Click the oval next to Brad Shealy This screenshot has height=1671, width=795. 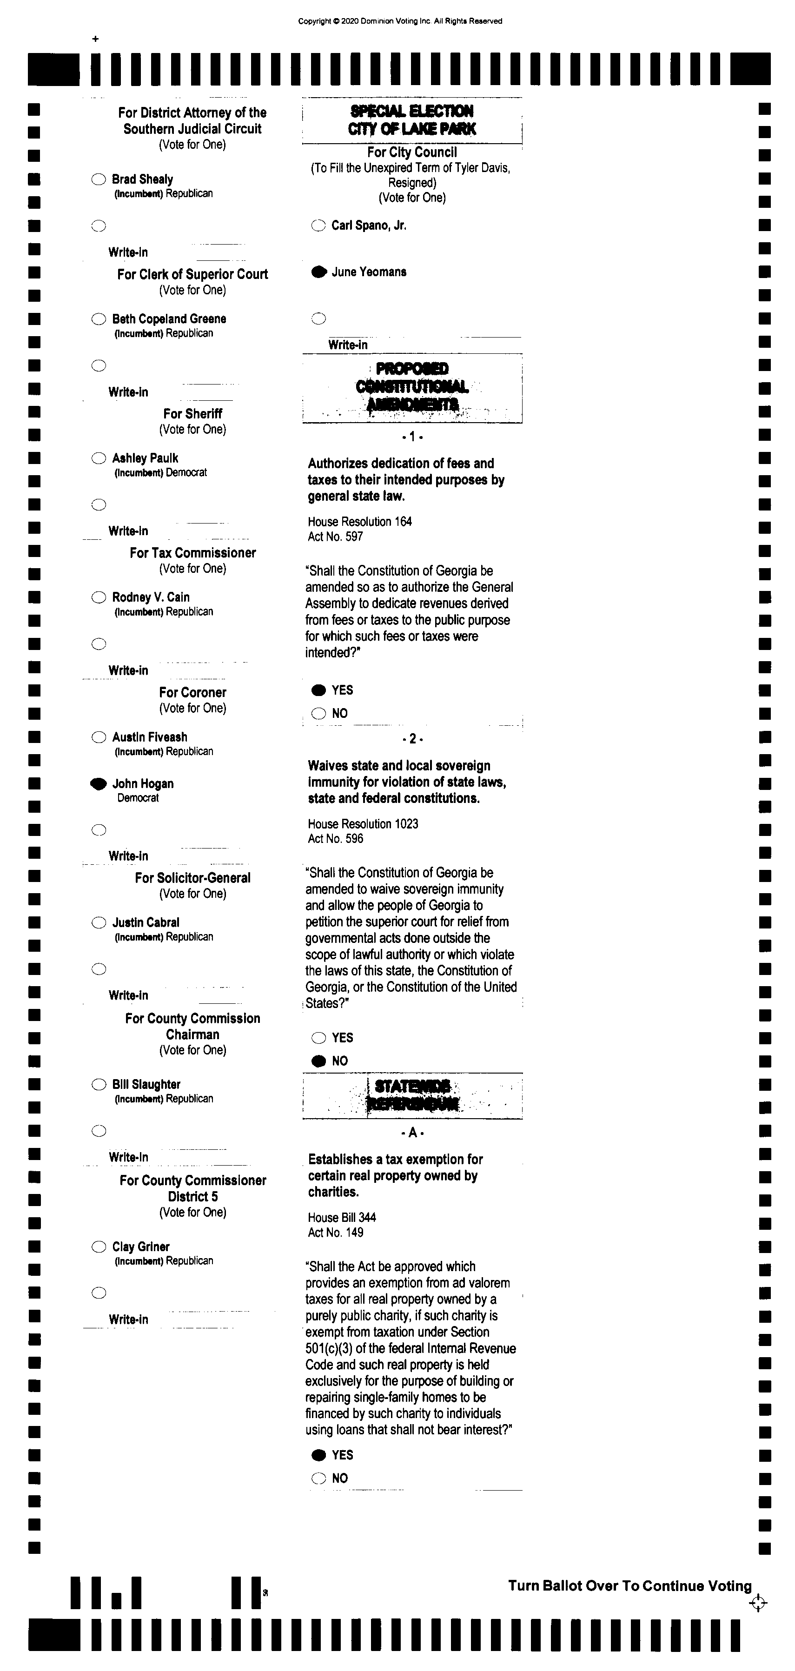99,179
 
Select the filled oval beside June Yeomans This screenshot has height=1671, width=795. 318,272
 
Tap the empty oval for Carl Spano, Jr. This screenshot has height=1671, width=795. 318,226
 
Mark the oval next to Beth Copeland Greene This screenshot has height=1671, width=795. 99,319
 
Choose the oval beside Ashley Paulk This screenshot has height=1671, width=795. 99,458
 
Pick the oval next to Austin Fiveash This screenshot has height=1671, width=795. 99,737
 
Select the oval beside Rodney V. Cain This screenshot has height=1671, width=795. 99,597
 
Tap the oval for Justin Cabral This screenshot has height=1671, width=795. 99,923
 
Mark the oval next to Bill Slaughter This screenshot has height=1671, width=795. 99,1085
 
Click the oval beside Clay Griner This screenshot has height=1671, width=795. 99,1247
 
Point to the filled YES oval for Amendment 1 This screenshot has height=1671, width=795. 318,690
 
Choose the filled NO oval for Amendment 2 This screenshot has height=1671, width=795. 318,1061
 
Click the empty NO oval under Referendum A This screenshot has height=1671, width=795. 318,1479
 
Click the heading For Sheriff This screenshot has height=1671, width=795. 192,414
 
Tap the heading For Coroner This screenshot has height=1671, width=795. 192,693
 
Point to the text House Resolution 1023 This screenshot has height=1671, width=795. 363,824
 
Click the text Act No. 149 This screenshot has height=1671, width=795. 335,1233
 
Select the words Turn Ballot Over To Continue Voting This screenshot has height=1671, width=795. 629,1586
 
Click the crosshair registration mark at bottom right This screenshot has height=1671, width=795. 757,1604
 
